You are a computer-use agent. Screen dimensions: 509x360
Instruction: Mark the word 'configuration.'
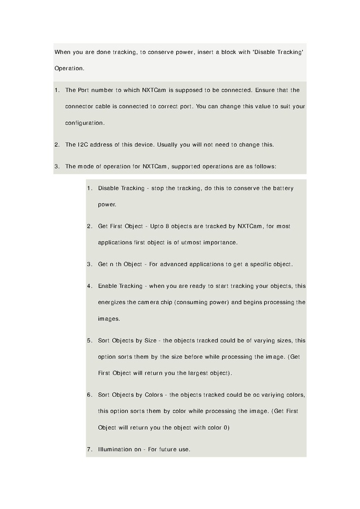(x=85, y=122)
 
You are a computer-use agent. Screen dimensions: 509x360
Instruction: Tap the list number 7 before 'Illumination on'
(x=89, y=449)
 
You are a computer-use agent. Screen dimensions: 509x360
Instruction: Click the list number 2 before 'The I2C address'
(x=57, y=145)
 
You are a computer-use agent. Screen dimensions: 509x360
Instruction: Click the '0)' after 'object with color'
(x=226, y=427)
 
